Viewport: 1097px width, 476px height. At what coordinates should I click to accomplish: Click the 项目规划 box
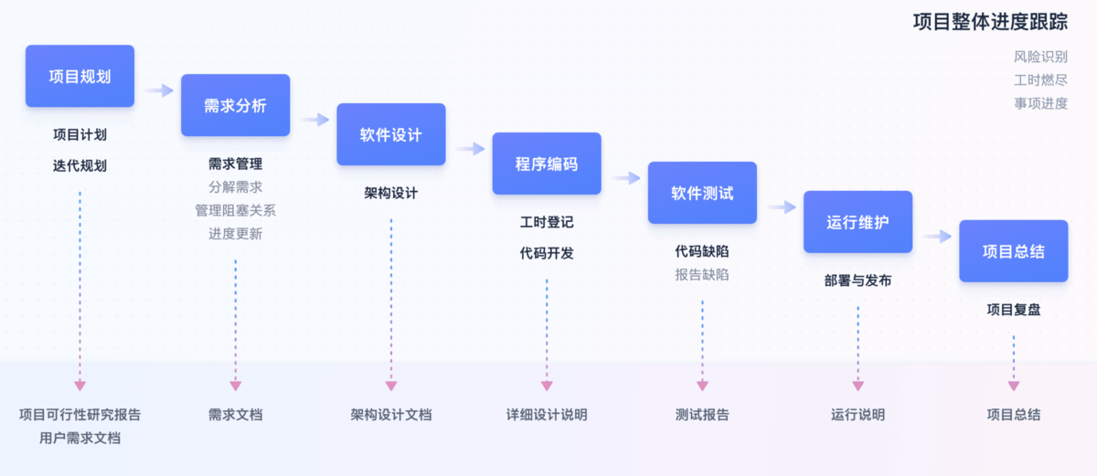[80, 76]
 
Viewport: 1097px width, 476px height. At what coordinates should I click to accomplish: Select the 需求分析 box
[235, 105]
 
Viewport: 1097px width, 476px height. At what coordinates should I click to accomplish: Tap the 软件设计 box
[390, 134]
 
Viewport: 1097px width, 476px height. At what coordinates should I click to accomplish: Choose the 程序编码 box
[547, 164]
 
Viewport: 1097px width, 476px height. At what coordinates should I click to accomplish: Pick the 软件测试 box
[702, 193]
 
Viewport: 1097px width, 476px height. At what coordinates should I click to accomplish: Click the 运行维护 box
[857, 222]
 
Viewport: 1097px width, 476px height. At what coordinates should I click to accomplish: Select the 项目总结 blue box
[1013, 251]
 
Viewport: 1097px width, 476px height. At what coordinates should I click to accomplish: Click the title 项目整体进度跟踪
[990, 22]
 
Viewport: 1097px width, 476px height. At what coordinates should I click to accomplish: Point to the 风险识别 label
[1040, 57]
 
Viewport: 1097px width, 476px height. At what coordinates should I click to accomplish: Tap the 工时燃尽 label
[1040, 79]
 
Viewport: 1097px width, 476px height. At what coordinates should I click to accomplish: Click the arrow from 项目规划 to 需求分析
[159, 90]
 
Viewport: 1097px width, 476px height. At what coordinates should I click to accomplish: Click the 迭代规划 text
[80, 165]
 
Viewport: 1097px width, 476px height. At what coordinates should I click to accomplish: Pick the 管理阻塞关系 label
[235, 210]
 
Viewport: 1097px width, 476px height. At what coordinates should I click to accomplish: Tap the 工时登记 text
[547, 222]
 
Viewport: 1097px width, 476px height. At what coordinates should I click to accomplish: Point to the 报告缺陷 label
[702, 274]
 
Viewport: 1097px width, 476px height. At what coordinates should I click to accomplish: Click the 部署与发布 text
[857, 280]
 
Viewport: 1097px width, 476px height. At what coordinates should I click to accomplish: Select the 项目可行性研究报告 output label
[80, 415]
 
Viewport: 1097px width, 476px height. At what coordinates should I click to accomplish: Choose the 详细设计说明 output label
[547, 415]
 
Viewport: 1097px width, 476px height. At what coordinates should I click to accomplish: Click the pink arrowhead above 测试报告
[702, 386]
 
